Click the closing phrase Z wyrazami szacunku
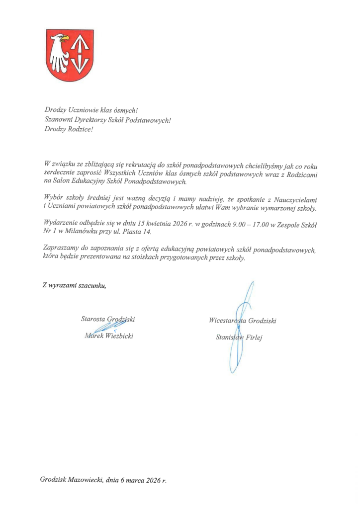click(74, 285)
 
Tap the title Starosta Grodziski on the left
click(107, 319)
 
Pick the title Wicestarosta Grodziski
click(243, 321)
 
